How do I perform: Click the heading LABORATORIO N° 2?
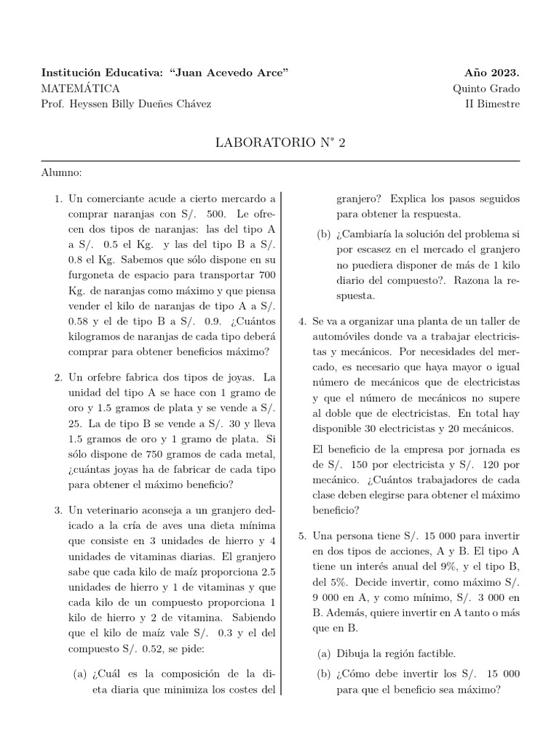click(280, 142)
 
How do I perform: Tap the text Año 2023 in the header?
click(492, 73)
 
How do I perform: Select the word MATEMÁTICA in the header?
click(81, 89)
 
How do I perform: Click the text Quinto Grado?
click(486, 89)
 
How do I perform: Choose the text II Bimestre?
click(493, 104)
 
